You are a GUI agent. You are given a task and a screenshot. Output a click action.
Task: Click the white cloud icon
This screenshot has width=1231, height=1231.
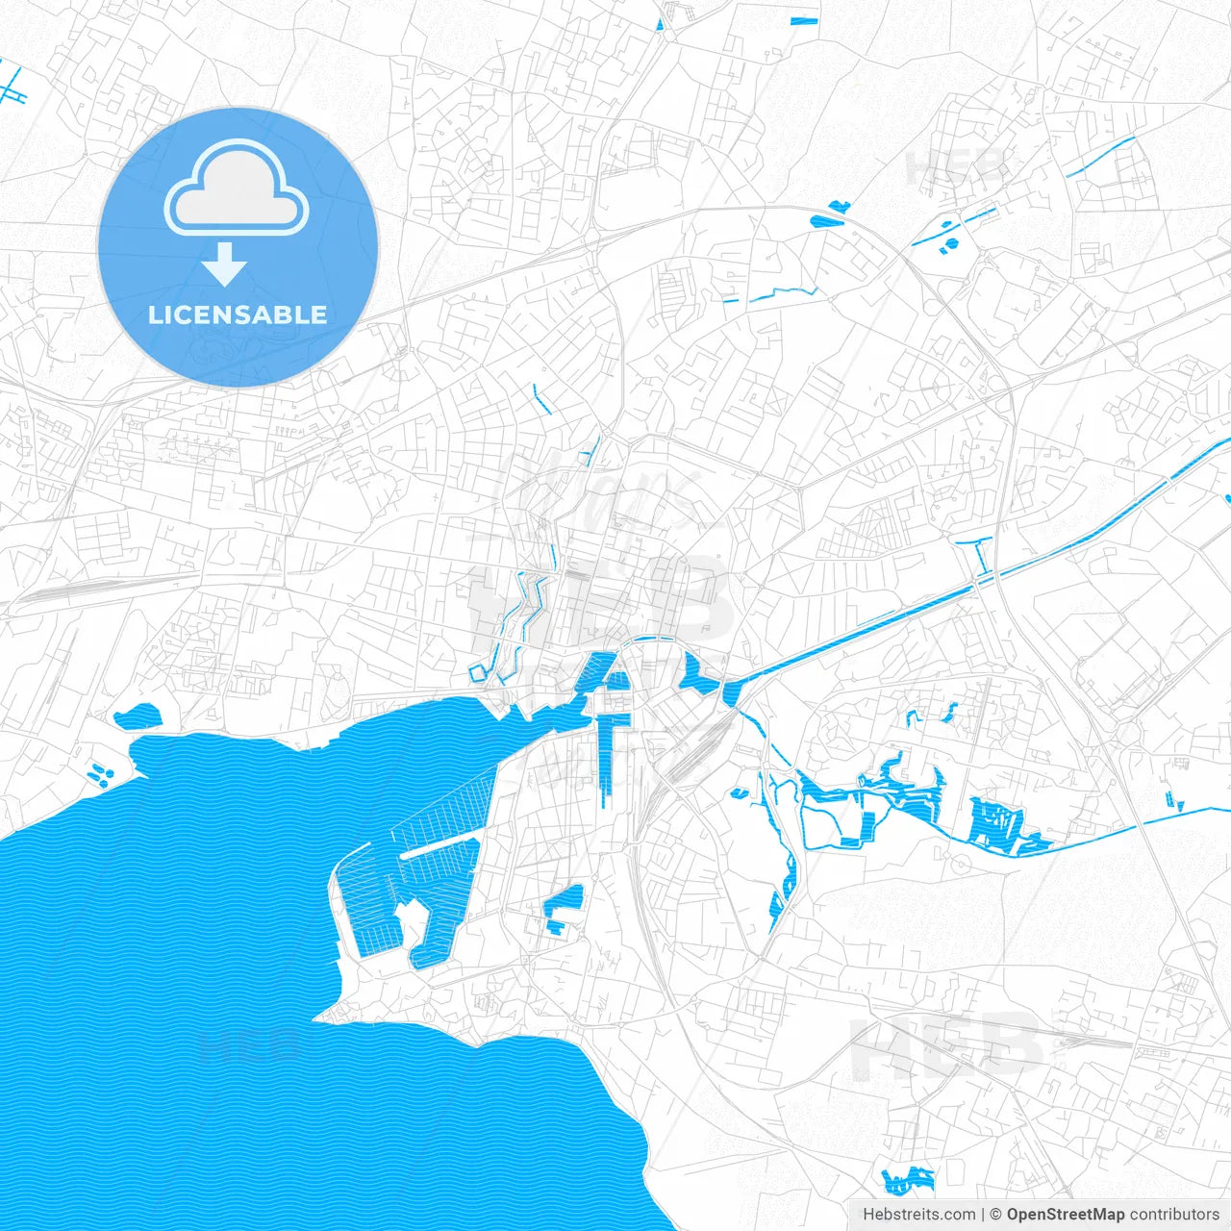click(237, 188)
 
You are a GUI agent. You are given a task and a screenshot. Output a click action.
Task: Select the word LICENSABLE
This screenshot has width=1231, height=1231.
click(238, 314)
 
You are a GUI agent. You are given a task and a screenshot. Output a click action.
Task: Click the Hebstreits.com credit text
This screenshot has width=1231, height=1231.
click(918, 1215)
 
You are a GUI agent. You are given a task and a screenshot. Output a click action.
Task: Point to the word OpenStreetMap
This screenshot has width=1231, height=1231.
click(1066, 1215)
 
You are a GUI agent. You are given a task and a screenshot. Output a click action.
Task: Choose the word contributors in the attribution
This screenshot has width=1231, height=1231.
click(1173, 1215)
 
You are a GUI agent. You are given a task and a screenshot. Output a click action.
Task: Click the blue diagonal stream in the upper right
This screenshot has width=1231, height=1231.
click(1100, 157)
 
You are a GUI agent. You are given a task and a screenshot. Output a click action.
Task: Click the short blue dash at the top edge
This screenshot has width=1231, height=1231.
click(803, 21)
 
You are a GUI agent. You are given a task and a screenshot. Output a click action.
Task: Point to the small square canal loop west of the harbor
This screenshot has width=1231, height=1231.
click(478, 671)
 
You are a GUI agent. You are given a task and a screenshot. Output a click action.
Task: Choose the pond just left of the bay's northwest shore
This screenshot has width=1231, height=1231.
click(137, 716)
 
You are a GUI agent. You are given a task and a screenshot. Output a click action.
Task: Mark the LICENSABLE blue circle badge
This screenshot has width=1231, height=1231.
click(238, 246)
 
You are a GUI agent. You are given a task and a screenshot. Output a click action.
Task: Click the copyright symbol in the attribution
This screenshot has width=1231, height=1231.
click(996, 1215)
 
